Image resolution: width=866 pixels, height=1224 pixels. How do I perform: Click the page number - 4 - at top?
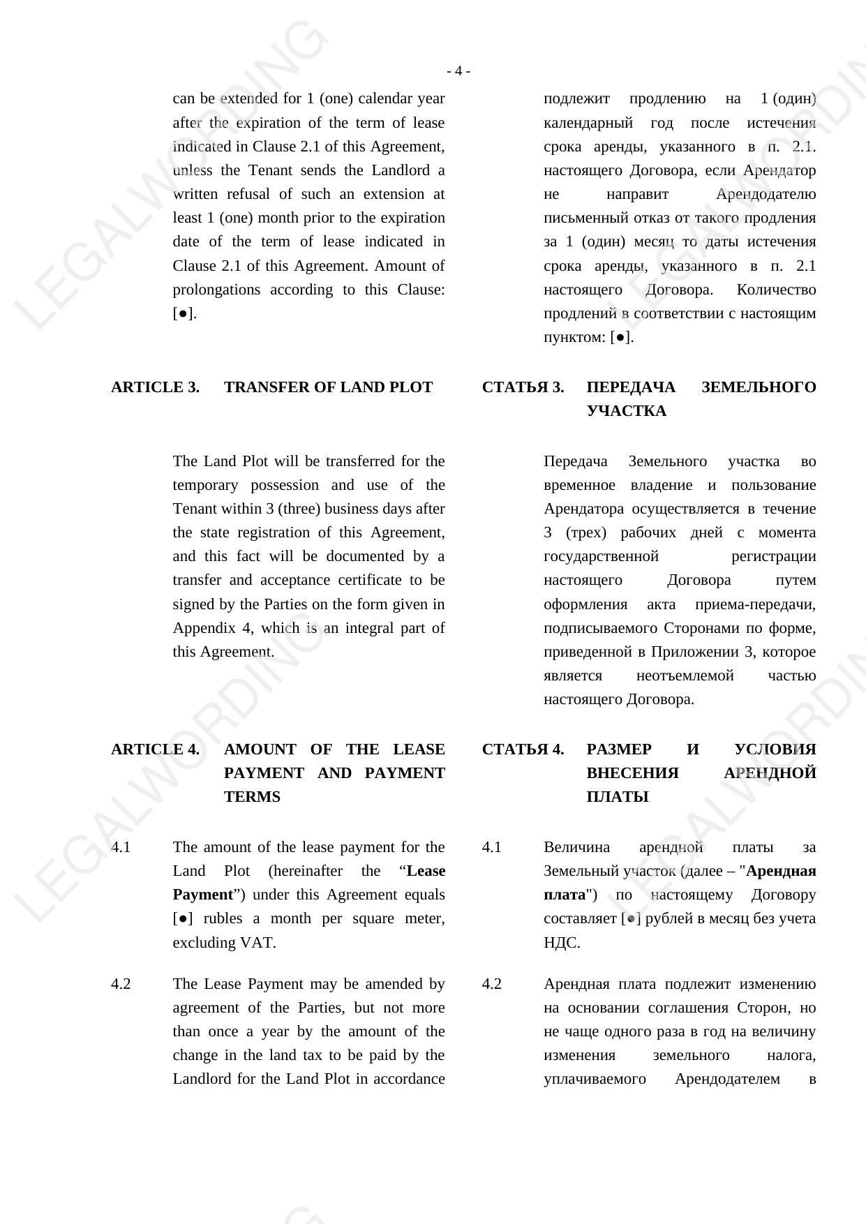458,71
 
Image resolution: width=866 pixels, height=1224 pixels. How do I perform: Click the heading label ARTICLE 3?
155,387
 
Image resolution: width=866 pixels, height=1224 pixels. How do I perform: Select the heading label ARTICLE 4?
155,749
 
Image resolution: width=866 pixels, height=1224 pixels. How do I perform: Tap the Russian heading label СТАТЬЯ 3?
523,387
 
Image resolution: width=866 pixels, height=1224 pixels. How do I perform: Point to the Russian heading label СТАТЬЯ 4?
523,749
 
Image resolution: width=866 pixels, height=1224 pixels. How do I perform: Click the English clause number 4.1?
121,847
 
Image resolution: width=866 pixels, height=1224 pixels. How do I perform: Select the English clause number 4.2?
121,984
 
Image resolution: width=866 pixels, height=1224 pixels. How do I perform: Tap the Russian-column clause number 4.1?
492,847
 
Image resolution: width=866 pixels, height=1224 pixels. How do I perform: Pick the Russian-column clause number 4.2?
492,984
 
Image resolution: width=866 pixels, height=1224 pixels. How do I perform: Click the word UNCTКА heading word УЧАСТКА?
626,411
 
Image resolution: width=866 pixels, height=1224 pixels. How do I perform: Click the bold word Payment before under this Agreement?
202,895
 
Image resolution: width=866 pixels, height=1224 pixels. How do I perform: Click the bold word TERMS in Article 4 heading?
252,797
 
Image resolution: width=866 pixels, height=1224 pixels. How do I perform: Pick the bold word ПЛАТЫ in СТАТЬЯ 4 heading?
618,797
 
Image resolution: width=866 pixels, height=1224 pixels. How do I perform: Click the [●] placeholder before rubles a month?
183,919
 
